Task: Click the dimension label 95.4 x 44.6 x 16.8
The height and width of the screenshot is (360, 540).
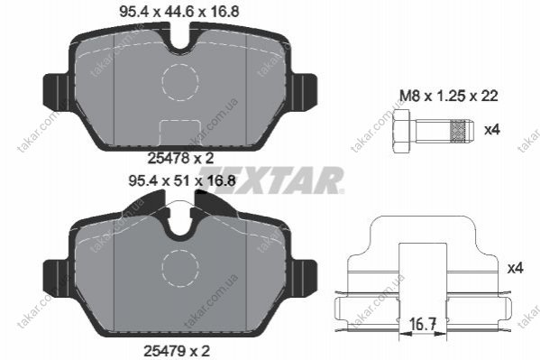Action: click(178, 12)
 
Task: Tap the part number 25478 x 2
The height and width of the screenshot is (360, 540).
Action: click(181, 158)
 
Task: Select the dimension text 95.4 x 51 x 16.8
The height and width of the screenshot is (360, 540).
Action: click(182, 180)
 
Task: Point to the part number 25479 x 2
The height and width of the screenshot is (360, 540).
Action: click(177, 351)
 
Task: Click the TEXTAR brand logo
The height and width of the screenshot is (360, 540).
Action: click(271, 180)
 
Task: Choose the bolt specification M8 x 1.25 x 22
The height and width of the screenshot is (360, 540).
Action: click(449, 96)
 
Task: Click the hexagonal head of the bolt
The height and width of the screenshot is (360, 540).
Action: click(401, 130)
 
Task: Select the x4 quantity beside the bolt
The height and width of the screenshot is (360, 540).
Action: click(492, 130)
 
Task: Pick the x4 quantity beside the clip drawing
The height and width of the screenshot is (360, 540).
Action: click(515, 268)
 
